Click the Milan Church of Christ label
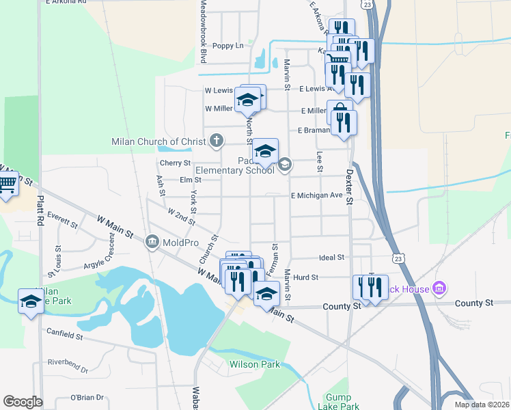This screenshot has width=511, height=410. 159,142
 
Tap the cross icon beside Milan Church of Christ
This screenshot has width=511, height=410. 217,141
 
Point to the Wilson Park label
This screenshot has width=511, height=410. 254,364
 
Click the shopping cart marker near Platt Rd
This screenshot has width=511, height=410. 7,184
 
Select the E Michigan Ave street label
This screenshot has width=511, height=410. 316,195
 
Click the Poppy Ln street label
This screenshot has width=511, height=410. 227,46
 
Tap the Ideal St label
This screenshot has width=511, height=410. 331,258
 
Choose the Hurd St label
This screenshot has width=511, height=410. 305,277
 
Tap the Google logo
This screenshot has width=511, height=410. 23,402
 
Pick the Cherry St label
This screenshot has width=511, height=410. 174,163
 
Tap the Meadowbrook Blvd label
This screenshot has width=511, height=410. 203,24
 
